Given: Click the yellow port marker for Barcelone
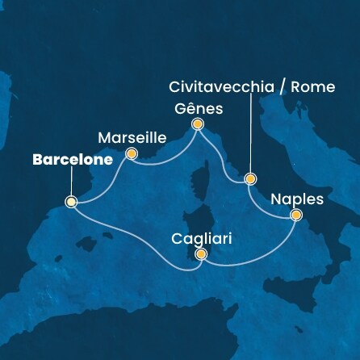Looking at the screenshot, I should click(x=71, y=202).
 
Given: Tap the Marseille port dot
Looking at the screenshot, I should click(x=131, y=153).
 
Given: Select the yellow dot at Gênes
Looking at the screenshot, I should click(x=197, y=124).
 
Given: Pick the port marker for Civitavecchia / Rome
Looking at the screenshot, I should click(x=250, y=178).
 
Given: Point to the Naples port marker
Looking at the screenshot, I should click(x=295, y=215).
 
